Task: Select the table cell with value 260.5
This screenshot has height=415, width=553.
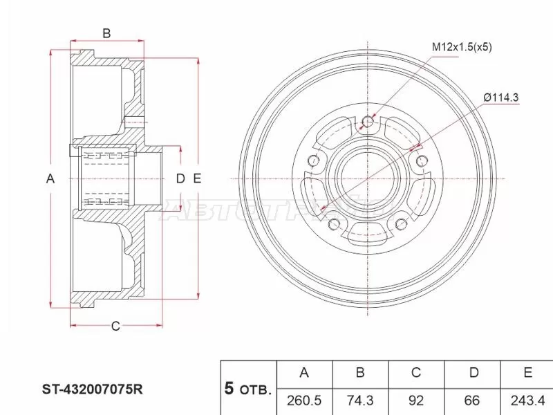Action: pyautogui.click(x=303, y=399)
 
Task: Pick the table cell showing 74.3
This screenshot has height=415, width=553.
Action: pyautogui.click(x=359, y=399)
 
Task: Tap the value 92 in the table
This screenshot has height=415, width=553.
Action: pyautogui.click(x=416, y=399)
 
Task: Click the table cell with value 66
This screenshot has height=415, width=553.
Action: pyautogui.click(x=473, y=399)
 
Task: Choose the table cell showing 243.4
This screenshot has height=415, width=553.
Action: pyautogui.click(x=527, y=399)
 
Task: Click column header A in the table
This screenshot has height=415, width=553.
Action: pyautogui.click(x=303, y=373)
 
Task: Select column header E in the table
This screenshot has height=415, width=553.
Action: pyautogui.click(x=527, y=373)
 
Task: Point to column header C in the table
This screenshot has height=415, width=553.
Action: pyautogui.click(x=416, y=373)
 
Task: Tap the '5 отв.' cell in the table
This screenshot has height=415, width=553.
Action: pyautogui.click(x=247, y=388)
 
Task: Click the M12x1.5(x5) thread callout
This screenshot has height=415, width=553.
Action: pyautogui.click(x=462, y=47)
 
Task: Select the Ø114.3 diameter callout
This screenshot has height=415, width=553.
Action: pyautogui.click(x=501, y=98)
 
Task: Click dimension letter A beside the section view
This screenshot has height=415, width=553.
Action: pyautogui.click(x=50, y=179)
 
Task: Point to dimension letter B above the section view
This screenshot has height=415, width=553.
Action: pyautogui.click(x=106, y=33)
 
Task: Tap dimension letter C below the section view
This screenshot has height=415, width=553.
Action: pyautogui.click(x=115, y=326)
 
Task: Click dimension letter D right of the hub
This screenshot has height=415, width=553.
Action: pyautogui.click(x=180, y=179)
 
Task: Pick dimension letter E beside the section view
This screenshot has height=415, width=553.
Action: pyautogui.click(x=197, y=179)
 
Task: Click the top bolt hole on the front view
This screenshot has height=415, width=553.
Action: pyautogui.click(x=368, y=122)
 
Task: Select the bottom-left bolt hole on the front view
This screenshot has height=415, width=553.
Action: pyautogui.click(x=333, y=224)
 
